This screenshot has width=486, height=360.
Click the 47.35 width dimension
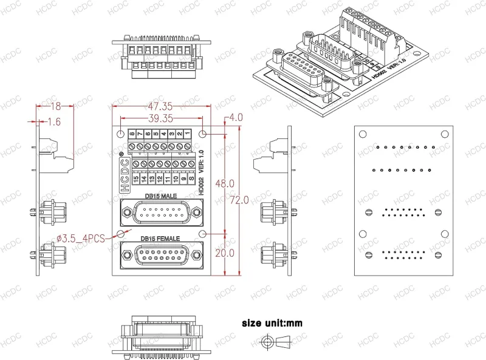(x=157, y=107)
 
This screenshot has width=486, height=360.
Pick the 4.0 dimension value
(x=236, y=117)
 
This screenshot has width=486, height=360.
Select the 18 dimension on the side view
(x=54, y=106)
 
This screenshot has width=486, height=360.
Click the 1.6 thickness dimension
(x=53, y=122)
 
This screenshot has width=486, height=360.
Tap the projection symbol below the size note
(x=276, y=343)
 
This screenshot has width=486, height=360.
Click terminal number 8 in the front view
(x=131, y=133)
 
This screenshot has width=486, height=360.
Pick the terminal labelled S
(x=191, y=178)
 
